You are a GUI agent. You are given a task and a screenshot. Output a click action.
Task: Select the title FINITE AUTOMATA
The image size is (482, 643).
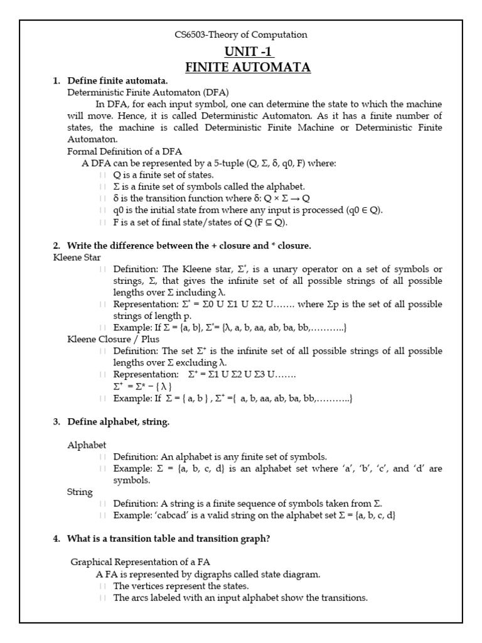247,67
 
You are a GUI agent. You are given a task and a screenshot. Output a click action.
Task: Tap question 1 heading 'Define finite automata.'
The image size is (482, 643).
117,81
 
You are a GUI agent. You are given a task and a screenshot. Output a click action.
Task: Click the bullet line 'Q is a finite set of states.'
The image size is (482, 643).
163,175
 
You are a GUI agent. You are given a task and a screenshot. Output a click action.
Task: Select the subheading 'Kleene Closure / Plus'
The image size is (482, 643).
114,339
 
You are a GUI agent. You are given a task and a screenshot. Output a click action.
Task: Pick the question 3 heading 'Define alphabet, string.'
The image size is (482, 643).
118,422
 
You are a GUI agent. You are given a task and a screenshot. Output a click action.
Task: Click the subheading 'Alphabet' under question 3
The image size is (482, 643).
87,445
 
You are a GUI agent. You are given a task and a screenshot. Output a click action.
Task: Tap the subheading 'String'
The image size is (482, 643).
80,492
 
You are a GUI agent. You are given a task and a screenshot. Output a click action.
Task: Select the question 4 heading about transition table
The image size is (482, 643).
169,539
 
